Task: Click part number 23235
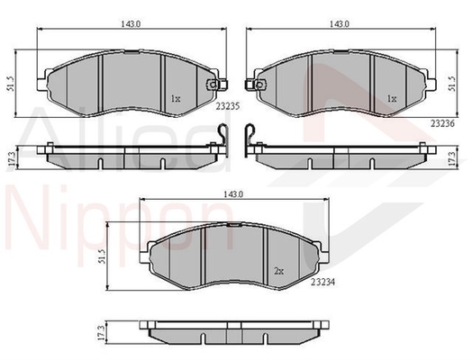pos(227,106)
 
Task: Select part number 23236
pos(442,123)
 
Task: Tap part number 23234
pos(322,282)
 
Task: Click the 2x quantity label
pos(278,271)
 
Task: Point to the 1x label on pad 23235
pos(176,98)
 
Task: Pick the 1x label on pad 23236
pos(392,98)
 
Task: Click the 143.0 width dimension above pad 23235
pos(131,24)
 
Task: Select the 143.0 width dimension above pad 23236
pos(340,24)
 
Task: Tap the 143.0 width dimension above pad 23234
pos(233,194)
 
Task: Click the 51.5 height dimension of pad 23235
pos(11,84)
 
